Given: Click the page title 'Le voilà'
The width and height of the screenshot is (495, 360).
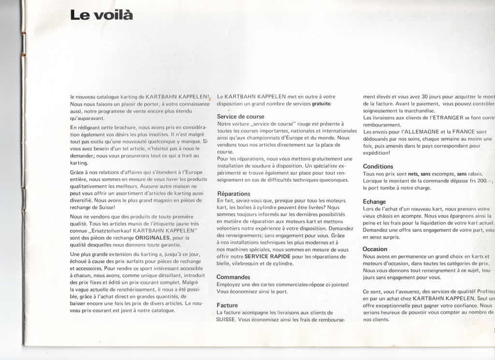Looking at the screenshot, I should [101, 15].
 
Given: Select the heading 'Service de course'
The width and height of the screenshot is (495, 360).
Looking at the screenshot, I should [240, 117].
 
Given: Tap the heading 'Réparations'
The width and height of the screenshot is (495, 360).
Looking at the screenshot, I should [233, 194].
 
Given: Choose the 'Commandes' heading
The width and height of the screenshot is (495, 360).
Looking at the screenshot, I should [233, 277].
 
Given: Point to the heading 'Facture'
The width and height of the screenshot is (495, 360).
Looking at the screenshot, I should [227, 305].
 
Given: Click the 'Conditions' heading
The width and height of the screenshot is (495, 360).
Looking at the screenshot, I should [378, 166].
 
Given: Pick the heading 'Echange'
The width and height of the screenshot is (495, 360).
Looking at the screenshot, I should [374, 201].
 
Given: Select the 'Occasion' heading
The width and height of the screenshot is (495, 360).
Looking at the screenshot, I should [375, 249].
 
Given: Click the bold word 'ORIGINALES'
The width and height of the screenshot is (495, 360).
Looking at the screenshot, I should [152, 238].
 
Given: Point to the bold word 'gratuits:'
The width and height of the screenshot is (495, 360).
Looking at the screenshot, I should [321, 104].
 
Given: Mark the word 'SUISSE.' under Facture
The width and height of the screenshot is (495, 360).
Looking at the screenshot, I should [226, 320].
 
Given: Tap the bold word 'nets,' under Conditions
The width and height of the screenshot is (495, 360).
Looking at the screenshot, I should [413, 174].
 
